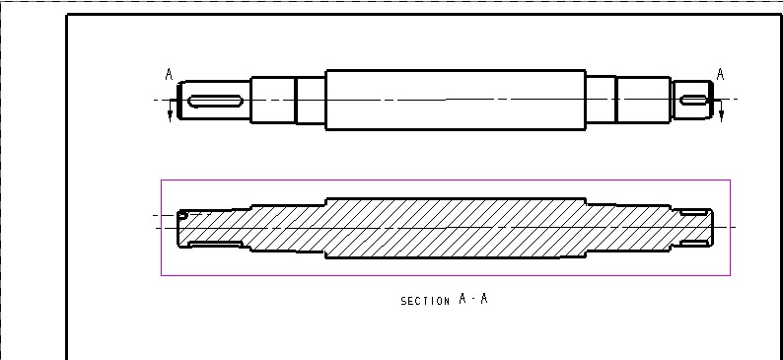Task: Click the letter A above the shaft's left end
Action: coord(169,75)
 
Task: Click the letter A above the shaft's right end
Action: coord(720,74)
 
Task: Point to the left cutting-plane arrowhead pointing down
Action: coord(170,116)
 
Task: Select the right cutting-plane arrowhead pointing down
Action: coord(721,116)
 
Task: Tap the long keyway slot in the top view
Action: coord(216,101)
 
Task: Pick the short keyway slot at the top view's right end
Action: coord(693,101)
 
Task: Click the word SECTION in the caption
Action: coord(425,301)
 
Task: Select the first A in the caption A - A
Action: coord(463,300)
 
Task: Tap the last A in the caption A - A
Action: coord(483,300)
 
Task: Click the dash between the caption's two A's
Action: coord(473,301)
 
